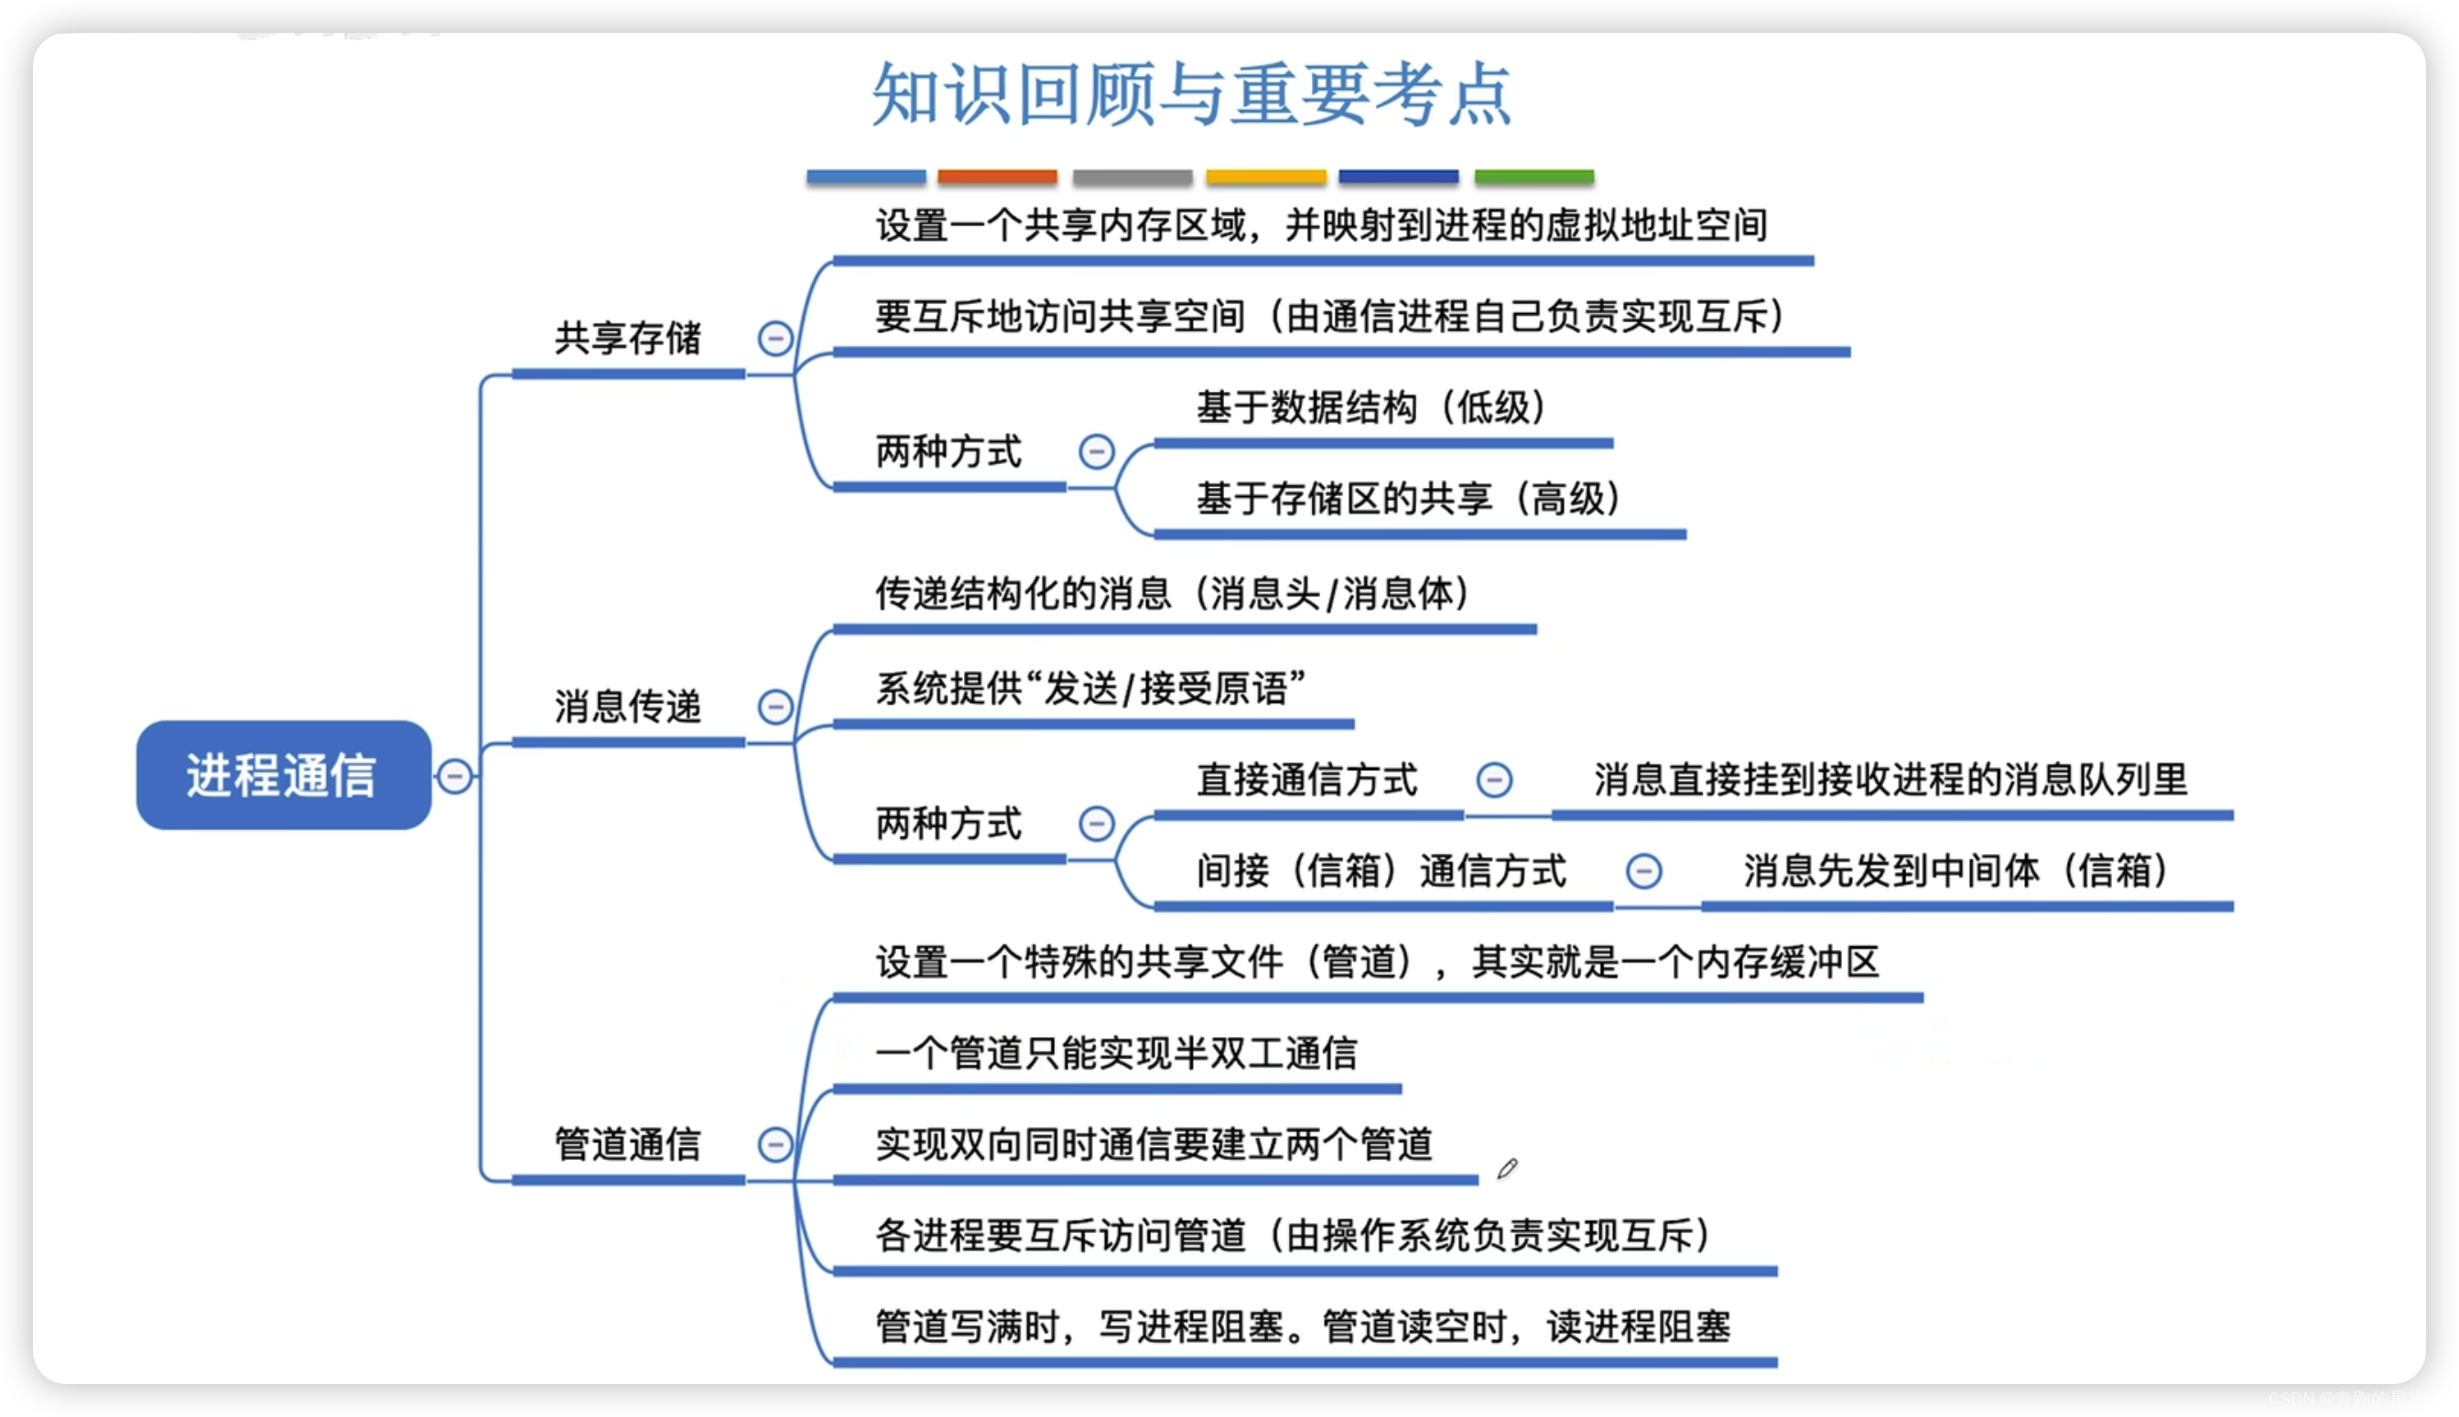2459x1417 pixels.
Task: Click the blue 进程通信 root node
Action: (283, 775)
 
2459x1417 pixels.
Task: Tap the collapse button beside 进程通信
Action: (454, 775)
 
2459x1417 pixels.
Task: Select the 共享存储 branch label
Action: (628, 339)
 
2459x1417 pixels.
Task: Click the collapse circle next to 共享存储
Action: (775, 339)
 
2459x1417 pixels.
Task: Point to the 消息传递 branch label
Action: (628, 707)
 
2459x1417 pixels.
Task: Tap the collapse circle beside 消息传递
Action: (775, 707)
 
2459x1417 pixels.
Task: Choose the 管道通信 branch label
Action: (628, 1144)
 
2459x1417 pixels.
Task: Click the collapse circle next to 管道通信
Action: (775, 1144)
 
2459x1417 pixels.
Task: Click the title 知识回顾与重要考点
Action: (1191, 94)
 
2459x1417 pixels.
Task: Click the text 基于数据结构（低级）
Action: (1371, 407)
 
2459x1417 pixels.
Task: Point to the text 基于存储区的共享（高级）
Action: (1408, 499)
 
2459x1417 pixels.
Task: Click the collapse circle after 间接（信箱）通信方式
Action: (1643, 871)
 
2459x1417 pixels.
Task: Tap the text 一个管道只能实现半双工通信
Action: (1116, 1054)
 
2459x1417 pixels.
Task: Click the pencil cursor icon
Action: (1506, 1169)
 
